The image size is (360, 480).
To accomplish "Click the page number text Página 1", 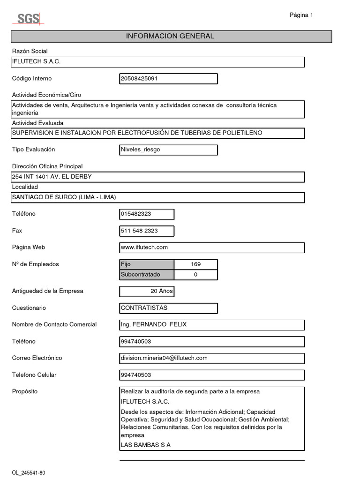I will click(301, 15).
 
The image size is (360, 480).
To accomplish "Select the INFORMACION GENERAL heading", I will click(170, 36).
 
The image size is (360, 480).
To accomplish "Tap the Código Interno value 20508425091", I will click(140, 79).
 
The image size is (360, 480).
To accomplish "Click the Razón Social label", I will click(30, 51).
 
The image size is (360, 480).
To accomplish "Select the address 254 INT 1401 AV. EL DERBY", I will click(52, 177).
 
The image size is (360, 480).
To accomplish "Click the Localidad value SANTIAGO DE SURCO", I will click(64, 197).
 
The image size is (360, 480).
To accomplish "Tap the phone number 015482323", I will click(136, 214).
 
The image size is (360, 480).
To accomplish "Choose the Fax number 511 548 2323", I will click(139, 231).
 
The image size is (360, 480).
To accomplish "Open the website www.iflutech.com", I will click(144, 247).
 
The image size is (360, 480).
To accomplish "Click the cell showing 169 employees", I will click(195, 264).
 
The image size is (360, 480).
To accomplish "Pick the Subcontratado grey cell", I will click(147, 275).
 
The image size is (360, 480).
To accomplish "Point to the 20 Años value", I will click(161, 292).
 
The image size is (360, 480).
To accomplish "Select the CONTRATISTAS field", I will click(144, 308).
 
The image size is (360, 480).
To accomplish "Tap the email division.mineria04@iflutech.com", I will click(164, 358).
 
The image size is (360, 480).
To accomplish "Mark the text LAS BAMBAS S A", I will click(146, 445).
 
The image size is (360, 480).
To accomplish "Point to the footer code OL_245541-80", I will click(29, 472).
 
